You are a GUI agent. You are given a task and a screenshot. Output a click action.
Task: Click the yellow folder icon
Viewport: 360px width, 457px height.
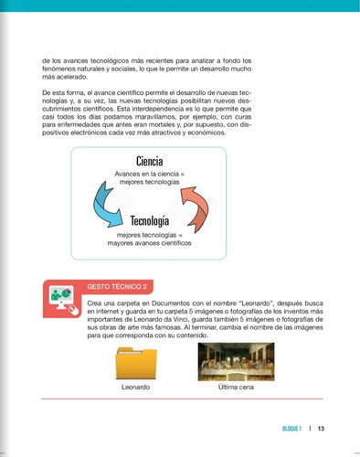point(136,363)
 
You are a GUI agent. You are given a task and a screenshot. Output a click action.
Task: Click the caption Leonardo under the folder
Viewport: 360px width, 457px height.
point(136,387)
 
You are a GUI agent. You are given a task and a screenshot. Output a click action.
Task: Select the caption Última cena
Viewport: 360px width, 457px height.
point(236,387)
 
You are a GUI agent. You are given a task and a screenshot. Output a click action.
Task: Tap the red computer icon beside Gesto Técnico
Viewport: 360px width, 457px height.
point(62,301)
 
